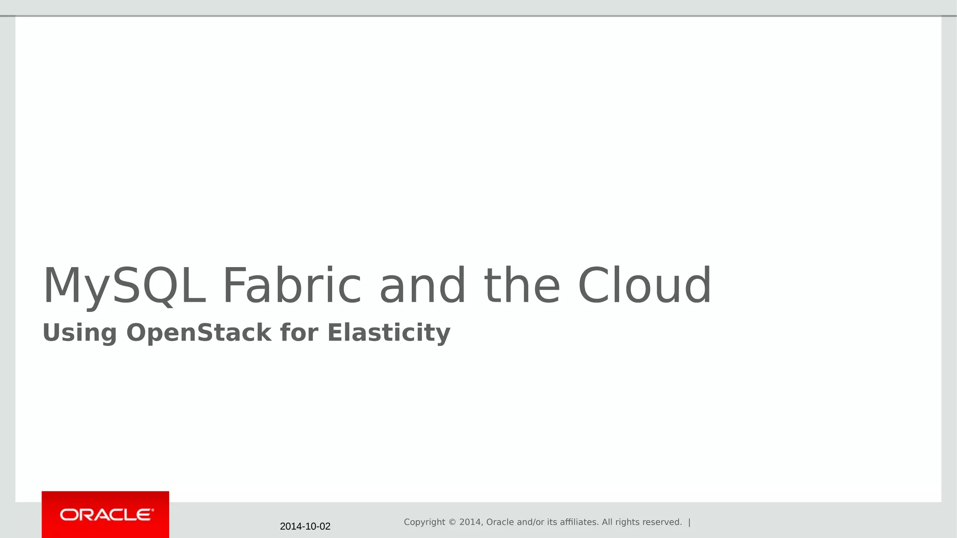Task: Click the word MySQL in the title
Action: tap(124, 286)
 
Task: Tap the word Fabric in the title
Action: tap(292, 286)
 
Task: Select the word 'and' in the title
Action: tap(422, 286)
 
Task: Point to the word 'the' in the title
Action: tap(522, 286)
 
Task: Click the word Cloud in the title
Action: tap(644, 286)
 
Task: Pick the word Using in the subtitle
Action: tap(79, 333)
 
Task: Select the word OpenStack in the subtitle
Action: tap(199, 333)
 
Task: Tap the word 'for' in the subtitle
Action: tap(299, 333)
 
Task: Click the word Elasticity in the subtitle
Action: tap(389, 333)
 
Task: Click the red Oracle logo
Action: tap(105, 515)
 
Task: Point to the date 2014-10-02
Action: tap(305, 527)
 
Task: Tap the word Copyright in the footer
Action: tap(424, 522)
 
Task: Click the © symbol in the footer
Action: tap(452, 522)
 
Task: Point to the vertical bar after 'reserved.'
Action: tap(689, 522)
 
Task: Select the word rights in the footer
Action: tap(628, 522)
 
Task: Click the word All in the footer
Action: tap(607, 522)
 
